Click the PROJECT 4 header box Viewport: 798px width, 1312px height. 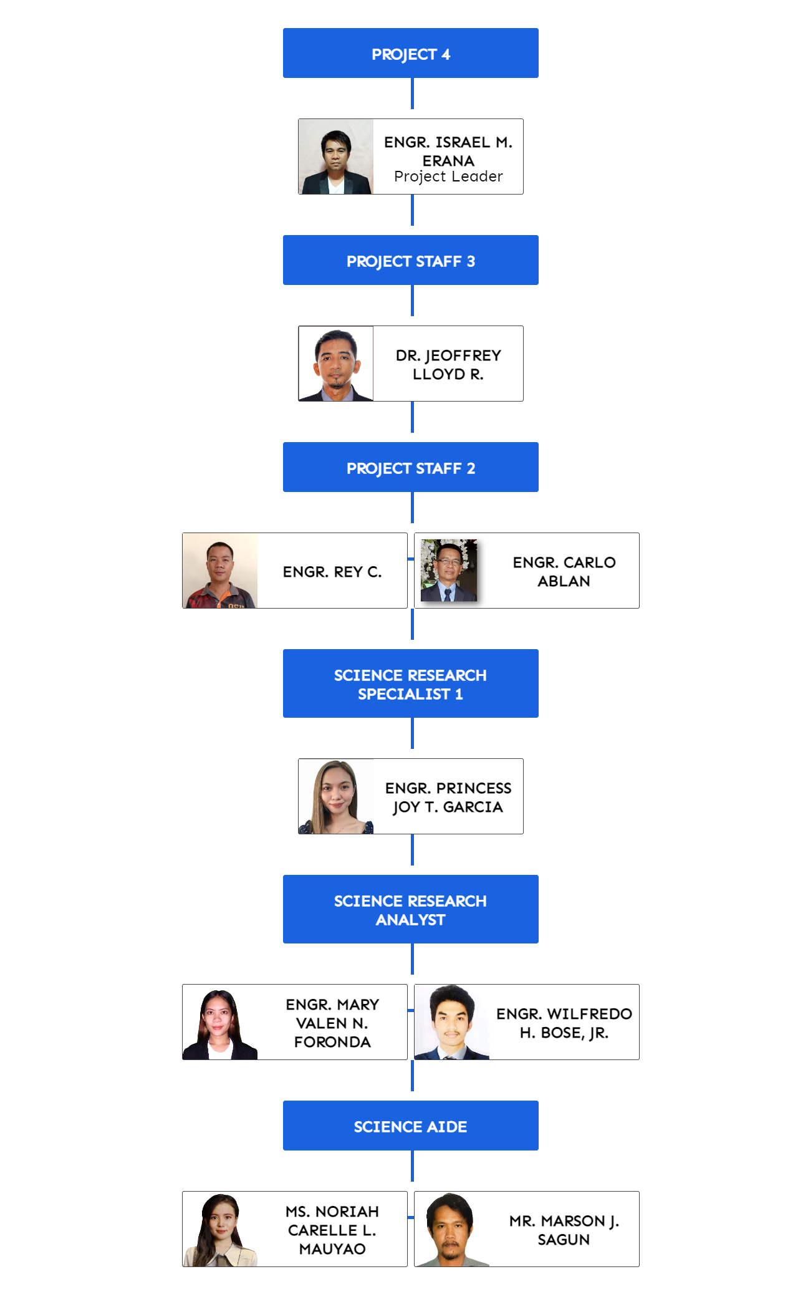[x=410, y=54]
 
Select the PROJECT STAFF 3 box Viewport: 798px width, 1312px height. [x=410, y=261]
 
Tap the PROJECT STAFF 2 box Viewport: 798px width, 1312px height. [x=410, y=468]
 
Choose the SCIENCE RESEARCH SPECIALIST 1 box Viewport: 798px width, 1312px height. [x=410, y=684]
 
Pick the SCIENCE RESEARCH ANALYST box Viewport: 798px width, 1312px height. [x=410, y=910]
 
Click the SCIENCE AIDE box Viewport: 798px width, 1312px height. [x=410, y=1126]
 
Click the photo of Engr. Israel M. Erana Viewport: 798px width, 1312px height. [x=336, y=157]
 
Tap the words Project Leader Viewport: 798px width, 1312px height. [x=448, y=177]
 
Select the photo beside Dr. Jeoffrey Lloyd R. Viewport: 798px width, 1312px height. [x=336, y=364]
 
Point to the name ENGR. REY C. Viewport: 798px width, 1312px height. [x=332, y=572]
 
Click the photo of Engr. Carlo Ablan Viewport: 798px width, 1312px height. [x=449, y=571]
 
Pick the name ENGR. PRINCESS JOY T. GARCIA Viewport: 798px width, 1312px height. [x=448, y=798]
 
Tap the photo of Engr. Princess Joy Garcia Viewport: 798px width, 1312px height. [x=336, y=797]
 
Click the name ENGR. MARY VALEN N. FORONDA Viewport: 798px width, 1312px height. [x=332, y=1023]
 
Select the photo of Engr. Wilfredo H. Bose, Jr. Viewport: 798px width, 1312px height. [x=451, y=1023]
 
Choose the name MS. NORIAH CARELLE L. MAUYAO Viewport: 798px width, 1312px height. [x=332, y=1230]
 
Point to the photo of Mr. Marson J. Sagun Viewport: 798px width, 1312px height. [x=451, y=1230]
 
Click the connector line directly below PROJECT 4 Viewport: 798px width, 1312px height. [x=412, y=94]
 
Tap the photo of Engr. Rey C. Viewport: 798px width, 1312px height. [x=220, y=571]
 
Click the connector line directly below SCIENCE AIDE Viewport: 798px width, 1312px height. [x=412, y=1166]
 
